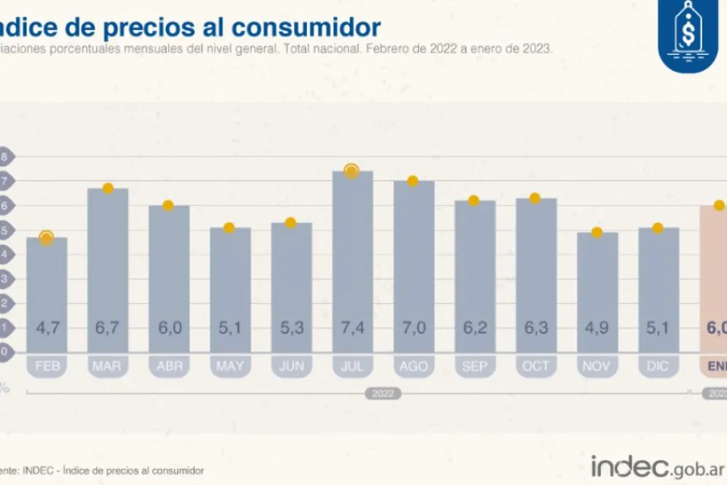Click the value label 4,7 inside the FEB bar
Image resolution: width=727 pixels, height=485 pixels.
[47, 328]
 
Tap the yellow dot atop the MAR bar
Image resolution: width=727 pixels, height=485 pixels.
[108, 189]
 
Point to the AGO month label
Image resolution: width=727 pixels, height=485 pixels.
[413, 366]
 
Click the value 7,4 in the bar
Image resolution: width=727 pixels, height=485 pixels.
[353, 328]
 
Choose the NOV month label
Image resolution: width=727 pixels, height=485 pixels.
[597, 366]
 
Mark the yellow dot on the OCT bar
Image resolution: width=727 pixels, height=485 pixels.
[535, 198]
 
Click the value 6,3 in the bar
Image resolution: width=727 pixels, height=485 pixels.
[536, 328]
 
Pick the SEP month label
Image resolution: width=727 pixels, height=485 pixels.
[474, 366]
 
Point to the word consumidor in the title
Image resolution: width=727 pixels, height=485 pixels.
[318, 27]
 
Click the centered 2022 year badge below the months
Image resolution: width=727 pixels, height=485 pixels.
[383, 394]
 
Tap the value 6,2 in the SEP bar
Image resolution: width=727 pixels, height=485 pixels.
[474, 328]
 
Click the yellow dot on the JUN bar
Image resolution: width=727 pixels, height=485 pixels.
[290, 222]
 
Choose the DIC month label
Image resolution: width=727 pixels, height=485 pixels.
[658, 366]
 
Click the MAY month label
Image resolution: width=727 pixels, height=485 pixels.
[230, 366]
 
